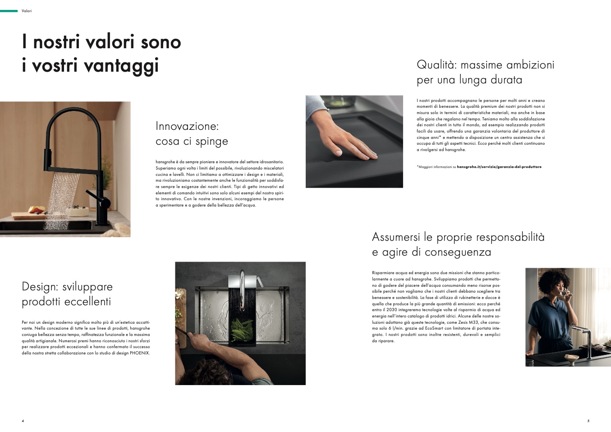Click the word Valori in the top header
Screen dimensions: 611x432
coord(27,11)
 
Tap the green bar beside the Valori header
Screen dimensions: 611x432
coord(9,11)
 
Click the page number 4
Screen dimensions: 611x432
coord(23,421)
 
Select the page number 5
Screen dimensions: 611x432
coord(588,421)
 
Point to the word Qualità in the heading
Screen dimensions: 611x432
coord(436,65)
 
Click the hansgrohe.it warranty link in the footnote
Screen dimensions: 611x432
coord(499,167)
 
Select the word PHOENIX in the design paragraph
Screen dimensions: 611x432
coord(140,353)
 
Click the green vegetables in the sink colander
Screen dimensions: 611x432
coord(242,331)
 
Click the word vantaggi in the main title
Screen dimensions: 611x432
coord(121,65)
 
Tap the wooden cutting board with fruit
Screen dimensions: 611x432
coord(31,216)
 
